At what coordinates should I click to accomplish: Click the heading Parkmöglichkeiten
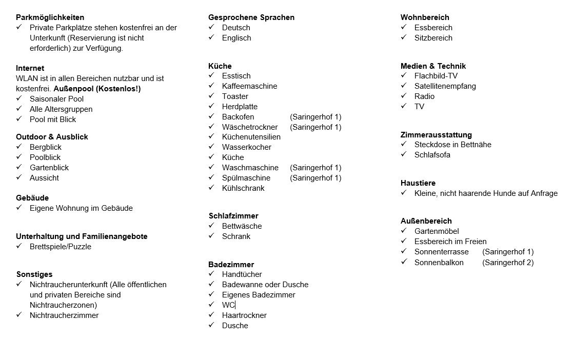tap(50, 17)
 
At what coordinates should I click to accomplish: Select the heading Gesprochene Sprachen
tap(251, 17)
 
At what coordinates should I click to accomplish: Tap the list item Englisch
tap(236, 38)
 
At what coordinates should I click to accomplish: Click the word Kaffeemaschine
tap(249, 86)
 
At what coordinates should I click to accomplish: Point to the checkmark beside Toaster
tap(211, 96)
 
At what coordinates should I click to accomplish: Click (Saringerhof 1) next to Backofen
tap(315, 117)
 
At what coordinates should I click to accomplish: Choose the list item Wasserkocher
tap(247, 147)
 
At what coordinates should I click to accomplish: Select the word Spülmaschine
tap(246, 178)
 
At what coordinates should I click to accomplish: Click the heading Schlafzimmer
tap(233, 216)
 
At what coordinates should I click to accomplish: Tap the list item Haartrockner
tap(244, 315)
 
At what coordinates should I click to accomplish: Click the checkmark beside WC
tap(211, 305)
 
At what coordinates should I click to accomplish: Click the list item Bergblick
tap(46, 147)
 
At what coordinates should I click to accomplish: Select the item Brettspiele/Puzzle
tap(61, 247)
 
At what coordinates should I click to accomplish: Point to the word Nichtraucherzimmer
tap(64, 315)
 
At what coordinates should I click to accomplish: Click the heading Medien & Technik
tap(433, 66)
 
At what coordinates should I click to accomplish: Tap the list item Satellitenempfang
tap(445, 86)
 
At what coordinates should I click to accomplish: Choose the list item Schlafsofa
tap(432, 155)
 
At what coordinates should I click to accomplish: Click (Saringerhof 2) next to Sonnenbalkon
tap(508, 263)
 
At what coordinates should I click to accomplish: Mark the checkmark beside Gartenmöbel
tap(404, 231)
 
